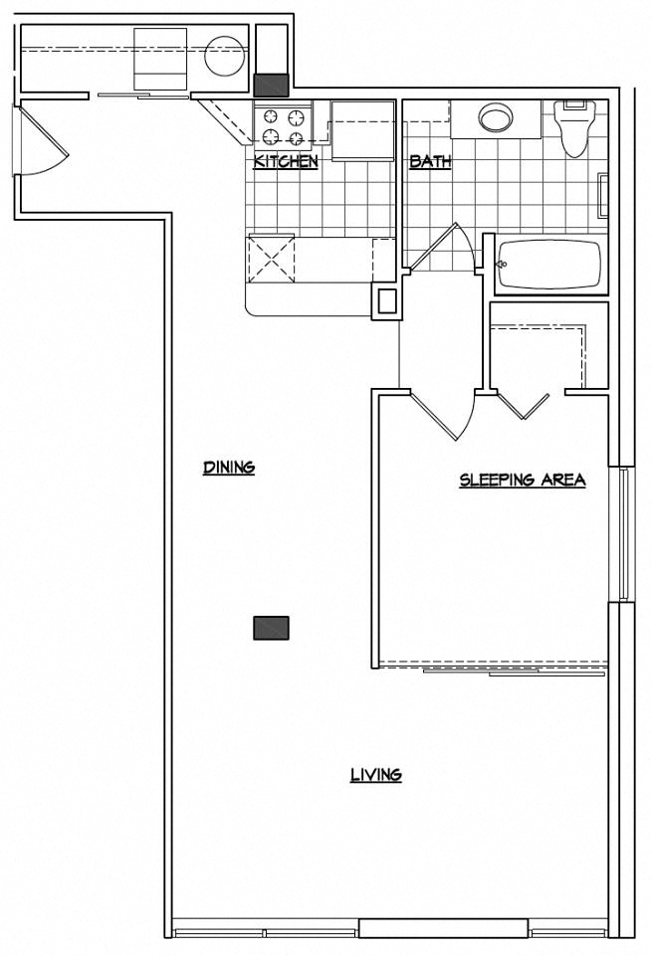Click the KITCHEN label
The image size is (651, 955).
coord(286,161)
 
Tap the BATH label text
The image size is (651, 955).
coord(430,161)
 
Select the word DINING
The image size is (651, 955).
coord(229,467)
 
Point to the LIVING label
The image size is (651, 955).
coord(375,775)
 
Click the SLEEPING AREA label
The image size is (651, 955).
coord(522,479)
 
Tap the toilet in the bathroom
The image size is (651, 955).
coord(574,130)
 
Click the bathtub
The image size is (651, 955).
coord(548,265)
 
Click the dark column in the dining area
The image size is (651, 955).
coord(271,628)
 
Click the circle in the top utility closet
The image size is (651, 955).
coord(224,56)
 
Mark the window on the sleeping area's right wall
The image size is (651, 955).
coord(624,534)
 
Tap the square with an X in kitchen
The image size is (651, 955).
coord(272,257)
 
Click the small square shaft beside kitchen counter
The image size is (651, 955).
coord(386,300)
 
